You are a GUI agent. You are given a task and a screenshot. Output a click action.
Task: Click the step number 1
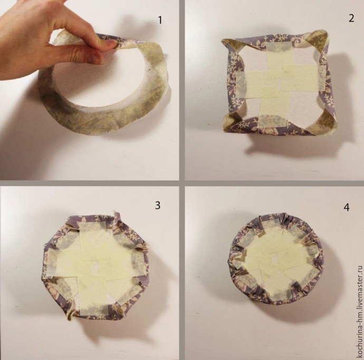click(x=160, y=20)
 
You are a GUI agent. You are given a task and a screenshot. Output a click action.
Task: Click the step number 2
click(x=351, y=18)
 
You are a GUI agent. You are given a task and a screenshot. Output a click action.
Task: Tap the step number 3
click(x=158, y=205)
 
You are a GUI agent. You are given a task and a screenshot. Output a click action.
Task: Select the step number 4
click(x=347, y=207)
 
